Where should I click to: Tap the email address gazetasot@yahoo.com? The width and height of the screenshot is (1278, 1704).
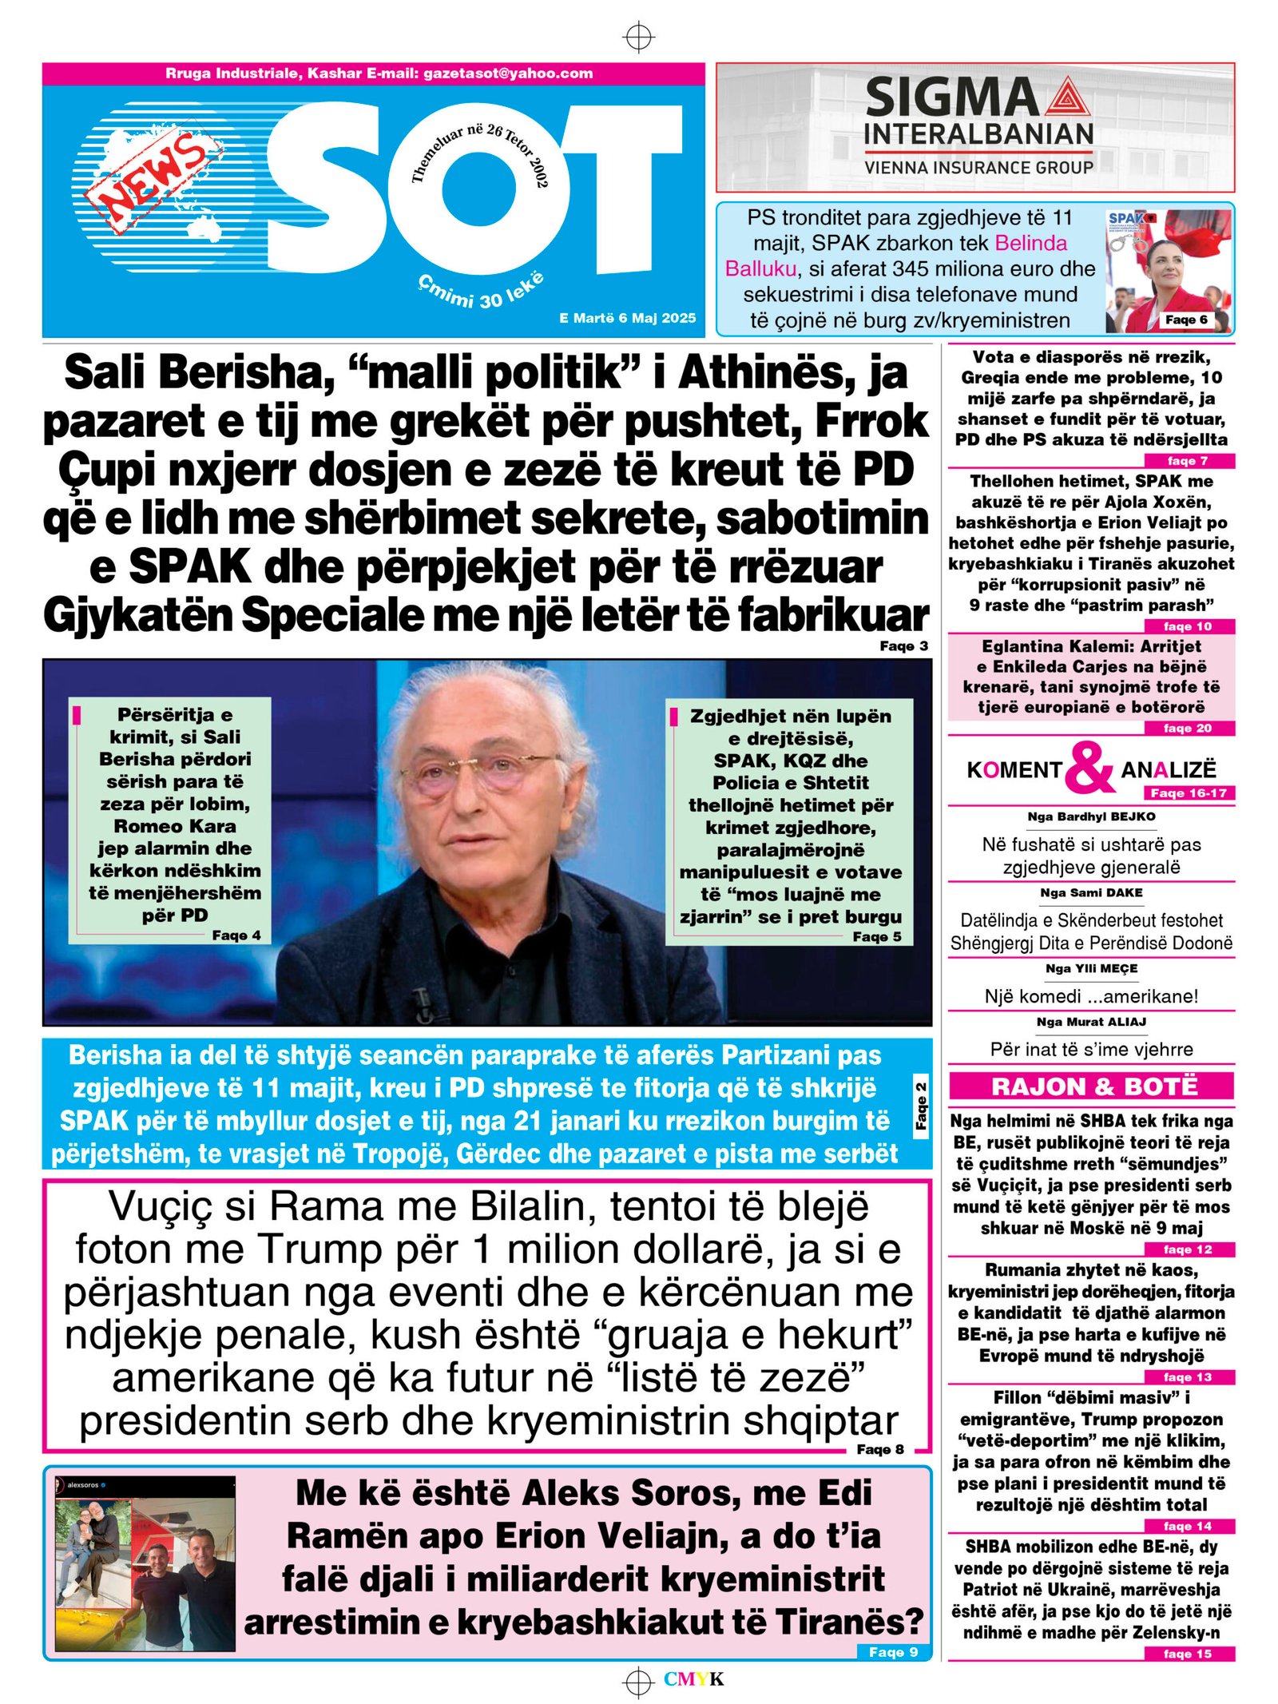tap(508, 73)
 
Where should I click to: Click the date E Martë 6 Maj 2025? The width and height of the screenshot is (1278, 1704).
tap(627, 318)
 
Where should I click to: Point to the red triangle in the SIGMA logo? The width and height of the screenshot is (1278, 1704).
tap(1067, 100)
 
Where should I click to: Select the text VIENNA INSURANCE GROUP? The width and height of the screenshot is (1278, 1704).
tap(978, 168)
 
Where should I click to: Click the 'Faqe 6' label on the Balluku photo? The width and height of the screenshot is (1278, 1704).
tap(1186, 320)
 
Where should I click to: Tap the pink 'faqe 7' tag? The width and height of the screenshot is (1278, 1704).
tap(1188, 461)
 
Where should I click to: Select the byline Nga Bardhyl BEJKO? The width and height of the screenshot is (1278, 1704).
tap(1091, 816)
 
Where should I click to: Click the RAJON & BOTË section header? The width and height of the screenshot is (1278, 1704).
tap(1091, 1086)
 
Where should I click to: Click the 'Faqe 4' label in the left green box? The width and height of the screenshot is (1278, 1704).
tap(236, 935)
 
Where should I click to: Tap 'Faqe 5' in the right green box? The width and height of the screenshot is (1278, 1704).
tap(877, 936)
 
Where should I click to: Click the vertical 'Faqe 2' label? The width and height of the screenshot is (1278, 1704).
tap(920, 1106)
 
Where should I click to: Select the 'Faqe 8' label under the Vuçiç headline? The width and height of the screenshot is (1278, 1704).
tap(880, 1449)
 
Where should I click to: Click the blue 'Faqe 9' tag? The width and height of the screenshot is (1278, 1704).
tap(893, 1652)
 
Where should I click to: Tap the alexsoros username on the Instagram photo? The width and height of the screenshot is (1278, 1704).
tap(83, 1485)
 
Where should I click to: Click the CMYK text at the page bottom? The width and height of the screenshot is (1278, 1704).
tap(693, 1679)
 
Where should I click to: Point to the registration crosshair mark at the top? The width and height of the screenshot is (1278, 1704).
tap(638, 37)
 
